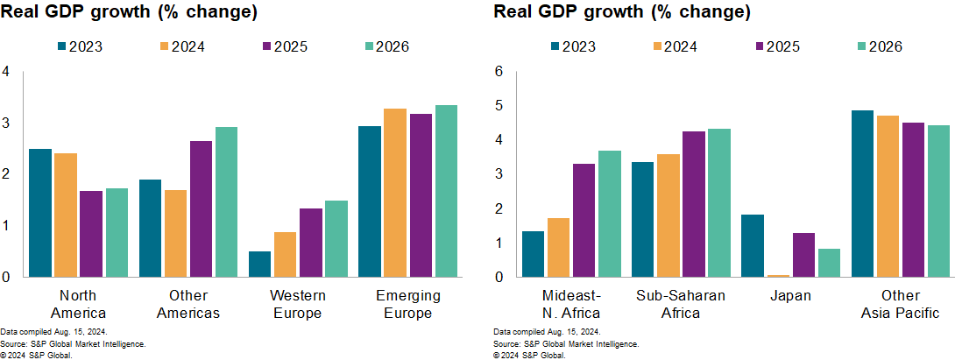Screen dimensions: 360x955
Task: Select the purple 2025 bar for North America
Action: click(x=91, y=234)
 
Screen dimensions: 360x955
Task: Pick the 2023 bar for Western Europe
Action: click(x=259, y=264)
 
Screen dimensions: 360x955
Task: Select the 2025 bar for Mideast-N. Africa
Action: click(x=584, y=220)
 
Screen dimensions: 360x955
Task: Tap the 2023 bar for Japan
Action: click(x=753, y=245)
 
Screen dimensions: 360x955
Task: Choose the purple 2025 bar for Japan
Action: click(x=803, y=255)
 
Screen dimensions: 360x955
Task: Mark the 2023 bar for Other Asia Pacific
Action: click(x=863, y=194)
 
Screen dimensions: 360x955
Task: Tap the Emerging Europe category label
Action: click(x=408, y=304)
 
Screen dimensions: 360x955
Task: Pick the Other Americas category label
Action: click(x=188, y=304)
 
